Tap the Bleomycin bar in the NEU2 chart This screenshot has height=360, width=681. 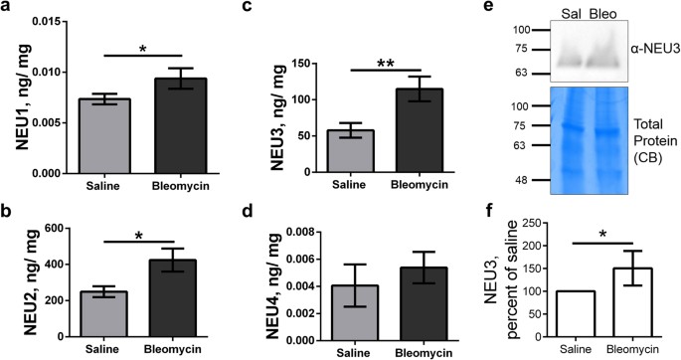click(172, 294)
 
